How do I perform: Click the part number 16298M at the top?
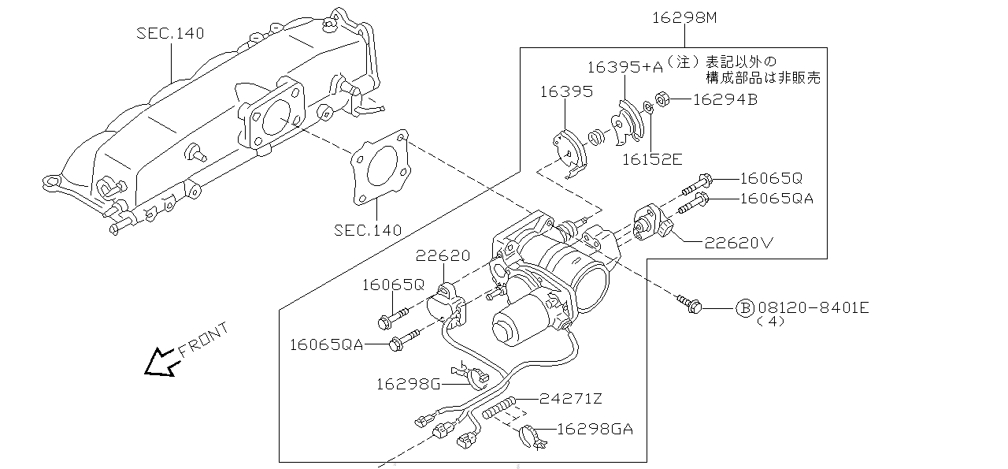(x=684, y=18)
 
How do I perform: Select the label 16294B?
(x=725, y=99)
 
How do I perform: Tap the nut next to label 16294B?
(x=662, y=99)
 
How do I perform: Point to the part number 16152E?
(x=652, y=159)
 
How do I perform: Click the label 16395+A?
(x=625, y=68)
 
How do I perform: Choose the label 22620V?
(x=739, y=244)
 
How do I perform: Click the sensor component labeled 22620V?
(x=652, y=221)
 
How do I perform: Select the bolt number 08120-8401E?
(x=813, y=307)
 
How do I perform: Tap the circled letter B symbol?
(x=745, y=308)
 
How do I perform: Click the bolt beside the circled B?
(x=689, y=303)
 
